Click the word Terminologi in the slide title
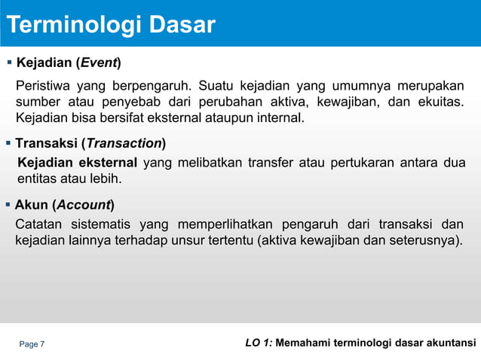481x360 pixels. coord(72,26)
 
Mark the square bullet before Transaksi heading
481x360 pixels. coord(8,143)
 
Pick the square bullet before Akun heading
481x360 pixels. coord(8,204)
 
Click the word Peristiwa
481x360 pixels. coord(43,84)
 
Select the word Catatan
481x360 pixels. coord(38,224)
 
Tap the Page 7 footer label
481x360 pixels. coord(32,344)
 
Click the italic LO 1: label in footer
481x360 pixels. coord(259,343)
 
